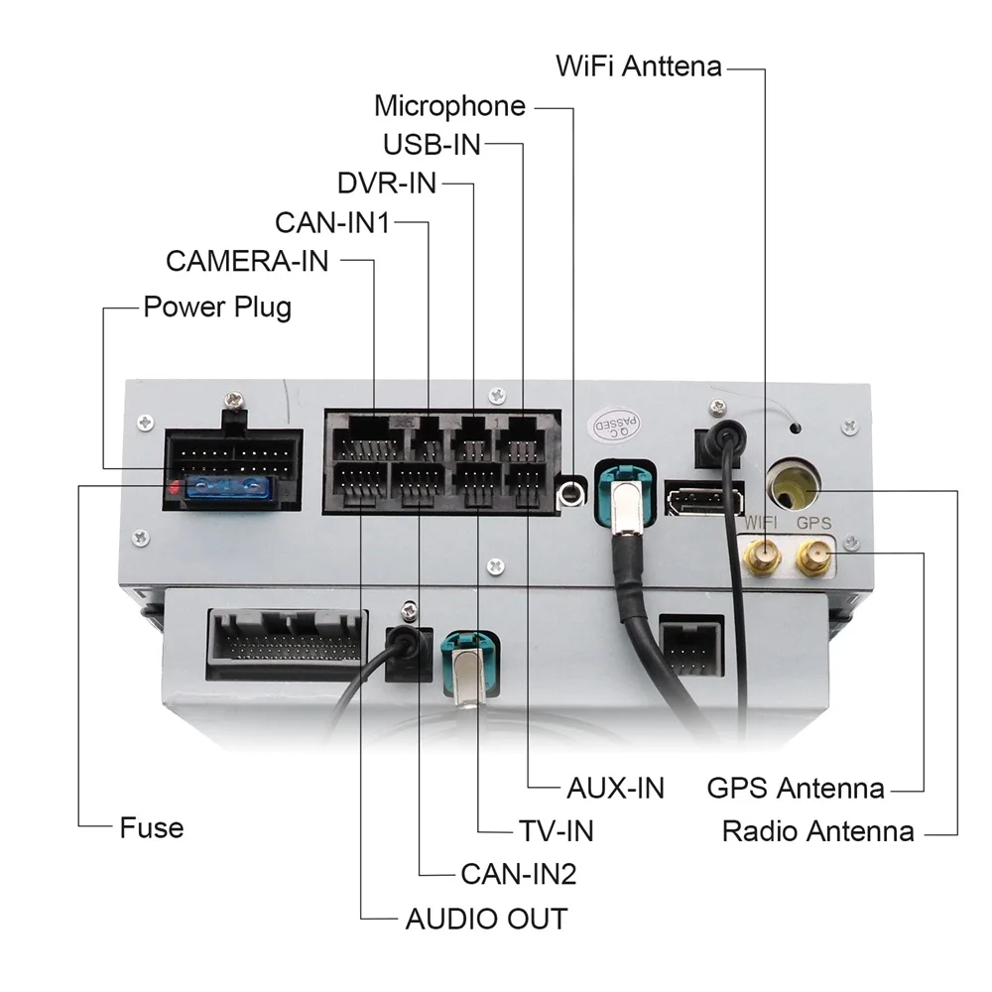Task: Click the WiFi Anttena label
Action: pos(639,67)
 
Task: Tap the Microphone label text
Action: pos(449,106)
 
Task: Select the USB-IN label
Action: pos(432,145)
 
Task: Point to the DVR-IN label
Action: pos(387,184)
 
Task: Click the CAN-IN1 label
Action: pos(331,222)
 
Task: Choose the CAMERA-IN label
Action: pos(247,261)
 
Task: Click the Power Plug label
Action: pos(217,306)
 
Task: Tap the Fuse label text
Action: pos(152,826)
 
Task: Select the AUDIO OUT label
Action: pos(486,919)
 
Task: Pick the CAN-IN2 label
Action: pos(518,874)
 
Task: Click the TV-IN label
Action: pos(556,829)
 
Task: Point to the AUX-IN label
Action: pos(615,788)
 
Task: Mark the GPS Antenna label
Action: pos(796,789)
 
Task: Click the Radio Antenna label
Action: pos(817,830)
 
